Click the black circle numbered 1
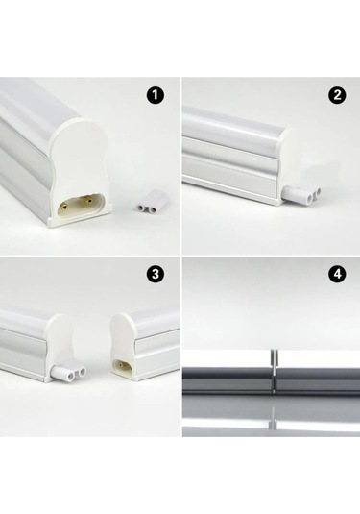pyautogui.click(x=156, y=95)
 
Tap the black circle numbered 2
pyautogui.click(x=337, y=95)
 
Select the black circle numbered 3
pyautogui.click(x=156, y=274)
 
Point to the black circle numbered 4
pyautogui.click(x=337, y=274)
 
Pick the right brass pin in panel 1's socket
pyautogui.click(x=88, y=199)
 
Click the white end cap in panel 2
pyautogui.click(x=287, y=163)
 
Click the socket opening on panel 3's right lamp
pyautogui.click(x=122, y=365)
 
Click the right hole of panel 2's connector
pyautogui.click(x=317, y=193)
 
